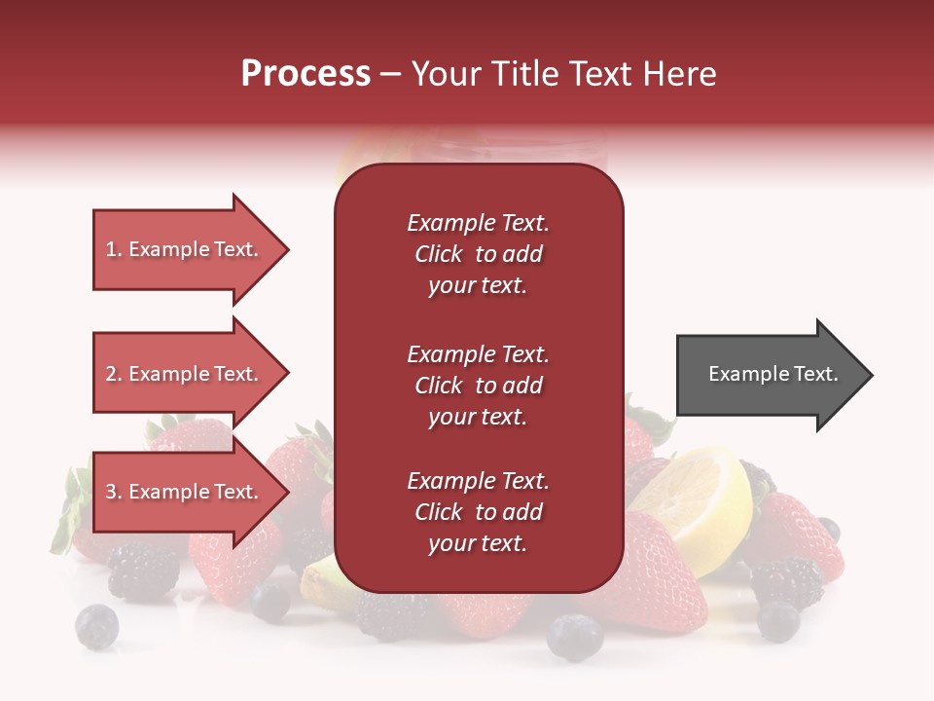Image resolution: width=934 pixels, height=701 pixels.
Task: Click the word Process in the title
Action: coord(305,74)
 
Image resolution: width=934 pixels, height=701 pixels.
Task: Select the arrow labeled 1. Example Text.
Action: coord(185,249)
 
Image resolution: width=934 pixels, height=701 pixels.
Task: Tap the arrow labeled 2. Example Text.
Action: coord(185,374)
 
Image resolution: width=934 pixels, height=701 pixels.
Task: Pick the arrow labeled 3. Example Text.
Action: coord(185,492)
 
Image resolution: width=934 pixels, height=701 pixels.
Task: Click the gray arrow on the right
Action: coord(769,375)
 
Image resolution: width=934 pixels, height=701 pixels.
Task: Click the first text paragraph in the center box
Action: coord(478,254)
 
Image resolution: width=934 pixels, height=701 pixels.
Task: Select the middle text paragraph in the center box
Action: coord(478,386)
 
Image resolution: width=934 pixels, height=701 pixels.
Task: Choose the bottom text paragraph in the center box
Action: coord(478,512)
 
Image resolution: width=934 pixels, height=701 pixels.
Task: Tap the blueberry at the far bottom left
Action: coord(96,626)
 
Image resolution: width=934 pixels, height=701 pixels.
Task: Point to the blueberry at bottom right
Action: coord(778,621)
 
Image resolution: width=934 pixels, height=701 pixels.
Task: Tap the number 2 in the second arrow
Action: coord(111,374)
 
